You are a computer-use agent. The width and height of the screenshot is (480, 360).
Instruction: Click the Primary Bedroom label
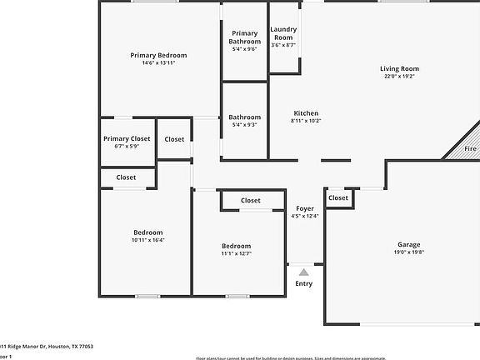click(x=158, y=55)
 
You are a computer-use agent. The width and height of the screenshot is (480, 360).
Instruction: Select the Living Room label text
click(x=399, y=69)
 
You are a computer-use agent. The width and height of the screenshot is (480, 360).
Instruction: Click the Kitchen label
click(x=306, y=113)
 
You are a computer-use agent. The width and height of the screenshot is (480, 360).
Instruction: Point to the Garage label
click(x=408, y=245)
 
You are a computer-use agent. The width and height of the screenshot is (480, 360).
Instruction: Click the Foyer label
click(x=304, y=208)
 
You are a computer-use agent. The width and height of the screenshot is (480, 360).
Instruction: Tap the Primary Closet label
click(x=127, y=138)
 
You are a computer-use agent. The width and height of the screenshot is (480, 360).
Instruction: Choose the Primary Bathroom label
click(x=244, y=37)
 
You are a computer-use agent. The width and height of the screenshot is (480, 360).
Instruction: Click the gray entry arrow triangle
click(x=304, y=272)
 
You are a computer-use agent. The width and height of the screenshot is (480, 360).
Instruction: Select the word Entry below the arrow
click(x=304, y=284)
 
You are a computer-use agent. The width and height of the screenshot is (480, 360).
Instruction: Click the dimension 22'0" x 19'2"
click(x=399, y=77)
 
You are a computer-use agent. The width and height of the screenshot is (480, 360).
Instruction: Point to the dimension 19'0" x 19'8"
click(x=408, y=252)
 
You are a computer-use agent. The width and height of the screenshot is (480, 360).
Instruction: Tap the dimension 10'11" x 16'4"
click(x=148, y=240)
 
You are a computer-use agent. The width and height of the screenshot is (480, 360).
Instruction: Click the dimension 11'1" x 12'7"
click(x=236, y=253)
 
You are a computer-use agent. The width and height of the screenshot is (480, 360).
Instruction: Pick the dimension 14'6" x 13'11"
click(x=158, y=62)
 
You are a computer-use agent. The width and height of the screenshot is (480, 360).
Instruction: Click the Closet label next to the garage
click(x=338, y=198)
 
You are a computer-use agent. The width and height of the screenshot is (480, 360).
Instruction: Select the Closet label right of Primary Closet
click(x=175, y=139)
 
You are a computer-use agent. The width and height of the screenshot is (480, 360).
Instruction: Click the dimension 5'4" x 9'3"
click(x=244, y=125)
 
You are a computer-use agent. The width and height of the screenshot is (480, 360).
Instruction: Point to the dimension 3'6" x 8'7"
click(x=283, y=45)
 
